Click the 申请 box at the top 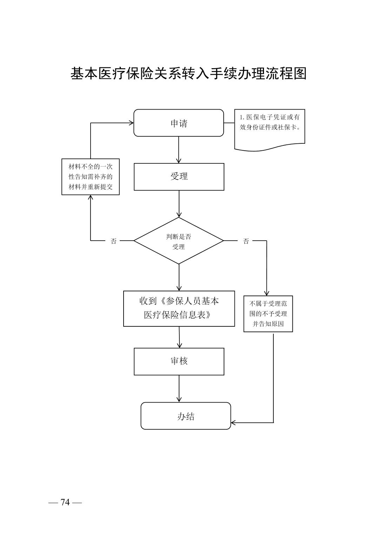click(x=179, y=123)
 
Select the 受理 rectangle click(x=179, y=177)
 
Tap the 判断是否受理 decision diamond click(x=179, y=241)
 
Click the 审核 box click(x=179, y=361)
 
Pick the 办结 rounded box click(x=186, y=416)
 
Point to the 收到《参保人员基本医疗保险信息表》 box click(x=179, y=308)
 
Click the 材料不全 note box click(x=91, y=177)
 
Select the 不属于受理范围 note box click(x=268, y=314)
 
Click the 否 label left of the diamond click(x=113, y=241)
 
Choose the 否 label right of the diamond click(x=246, y=241)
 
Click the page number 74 click(x=65, y=502)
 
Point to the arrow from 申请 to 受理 click(x=179, y=150)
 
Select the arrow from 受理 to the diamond click(x=179, y=204)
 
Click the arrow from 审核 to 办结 click(x=179, y=389)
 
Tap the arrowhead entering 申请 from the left click(x=131, y=123)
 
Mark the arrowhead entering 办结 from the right click(x=233, y=422)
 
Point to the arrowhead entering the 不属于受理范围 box click(x=266, y=293)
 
